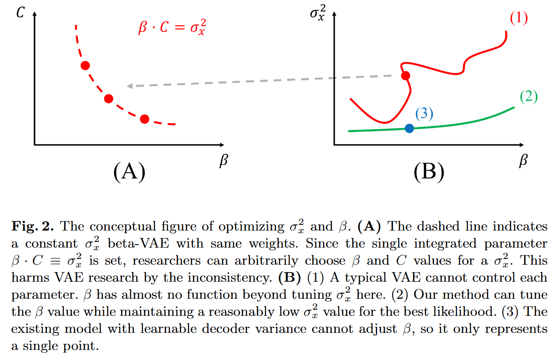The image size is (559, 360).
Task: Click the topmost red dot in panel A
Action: pyautogui.click(x=85, y=66)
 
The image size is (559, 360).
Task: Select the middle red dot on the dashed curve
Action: pyautogui.click(x=109, y=99)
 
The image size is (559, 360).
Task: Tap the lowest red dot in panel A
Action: pyautogui.click(x=145, y=119)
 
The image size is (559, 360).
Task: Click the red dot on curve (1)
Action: pyautogui.click(x=406, y=76)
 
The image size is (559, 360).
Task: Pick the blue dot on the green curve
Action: pyautogui.click(x=409, y=128)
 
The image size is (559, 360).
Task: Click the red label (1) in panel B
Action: pyautogui.click(x=519, y=19)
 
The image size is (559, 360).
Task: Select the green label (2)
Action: pyautogui.click(x=528, y=97)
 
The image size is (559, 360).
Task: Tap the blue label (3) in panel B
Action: pyautogui.click(x=424, y=114)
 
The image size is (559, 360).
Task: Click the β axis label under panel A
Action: pyautogui.click(x=223, y=161)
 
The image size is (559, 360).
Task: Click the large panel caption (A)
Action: pyautogui.click(x=129, y=171)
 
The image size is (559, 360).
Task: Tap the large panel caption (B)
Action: pyautogui.click(x=428, y=171)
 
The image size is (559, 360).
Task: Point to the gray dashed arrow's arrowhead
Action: pyautogui.click(x=129, y=86)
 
